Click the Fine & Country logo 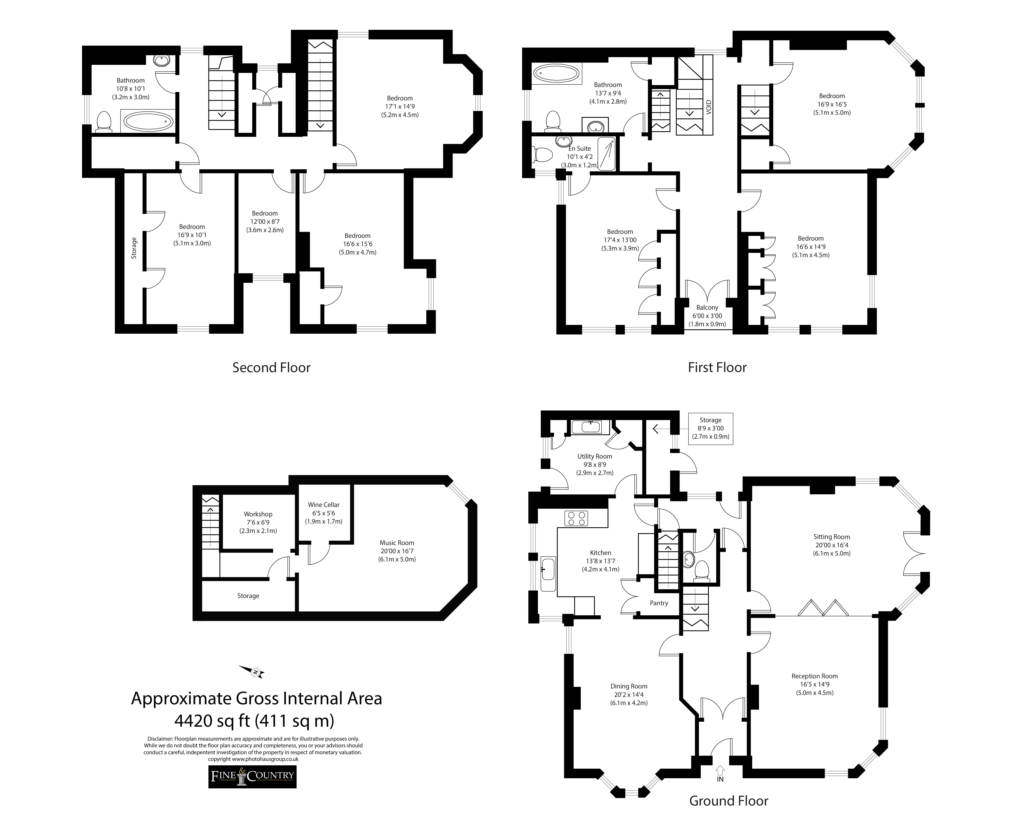tap(252, 776)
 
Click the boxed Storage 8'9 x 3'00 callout tap(711, 429)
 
